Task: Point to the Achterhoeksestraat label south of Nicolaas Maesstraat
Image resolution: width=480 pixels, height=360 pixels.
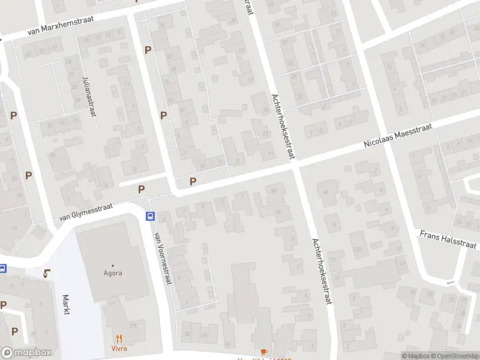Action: tap(322, 271)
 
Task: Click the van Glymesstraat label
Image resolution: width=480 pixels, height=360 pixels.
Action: tap(86, 213)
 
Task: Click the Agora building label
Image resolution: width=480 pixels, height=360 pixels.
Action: tap(112, 273)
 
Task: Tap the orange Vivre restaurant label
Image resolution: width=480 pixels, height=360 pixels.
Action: tap(119, 348)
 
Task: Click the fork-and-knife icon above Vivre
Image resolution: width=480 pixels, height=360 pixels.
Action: tap(119, 338)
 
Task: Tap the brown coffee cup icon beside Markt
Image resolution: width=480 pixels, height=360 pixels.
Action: tap(47, 274)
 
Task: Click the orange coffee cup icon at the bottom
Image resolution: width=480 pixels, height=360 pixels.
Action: tap(264, 352)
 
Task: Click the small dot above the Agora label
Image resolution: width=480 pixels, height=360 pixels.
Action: tap(112, 265)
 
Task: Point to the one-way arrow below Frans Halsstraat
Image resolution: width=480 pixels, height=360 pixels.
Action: tap(450, 283)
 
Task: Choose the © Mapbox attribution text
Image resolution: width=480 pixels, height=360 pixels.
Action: tap(416, 356)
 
